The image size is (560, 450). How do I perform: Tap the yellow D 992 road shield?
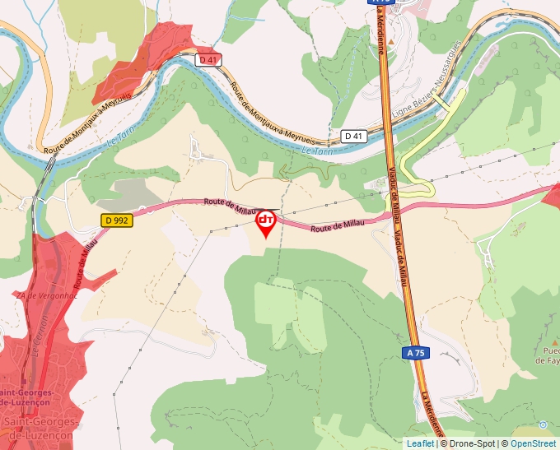[116, 220]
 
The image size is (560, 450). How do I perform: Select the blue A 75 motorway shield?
[417, 352]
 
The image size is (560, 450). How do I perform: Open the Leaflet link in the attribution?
[420, 443]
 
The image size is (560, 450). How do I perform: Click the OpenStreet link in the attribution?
[533, 443]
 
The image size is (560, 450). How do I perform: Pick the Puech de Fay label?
[548, 355]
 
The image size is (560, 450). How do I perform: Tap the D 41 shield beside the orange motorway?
[353, 136]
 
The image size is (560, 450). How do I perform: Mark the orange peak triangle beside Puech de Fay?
[549, 336]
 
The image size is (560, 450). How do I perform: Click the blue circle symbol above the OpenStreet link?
[543, 424]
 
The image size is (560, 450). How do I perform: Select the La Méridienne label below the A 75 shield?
[432, 411]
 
